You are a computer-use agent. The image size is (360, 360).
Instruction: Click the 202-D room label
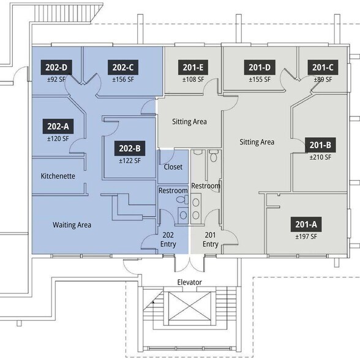click(x=56, y=67)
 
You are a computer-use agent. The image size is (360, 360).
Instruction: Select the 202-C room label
click(x=123, y=67)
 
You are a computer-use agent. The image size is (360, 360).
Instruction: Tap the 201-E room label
click(x=193, y=67)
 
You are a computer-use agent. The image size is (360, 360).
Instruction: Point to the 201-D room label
click(x=260, y=67)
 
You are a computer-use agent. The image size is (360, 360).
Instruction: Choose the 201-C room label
click(x=323, y=67)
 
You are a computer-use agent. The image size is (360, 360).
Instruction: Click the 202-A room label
click(x=58, y=126)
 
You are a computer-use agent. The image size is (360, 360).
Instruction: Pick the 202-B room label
click(x=130, y=148)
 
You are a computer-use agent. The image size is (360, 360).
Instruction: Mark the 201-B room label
click(x=320, y=145)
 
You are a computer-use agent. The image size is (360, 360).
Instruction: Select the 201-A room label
click(x=306, y=224)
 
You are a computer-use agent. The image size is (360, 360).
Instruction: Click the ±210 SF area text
click(x=321, y=157)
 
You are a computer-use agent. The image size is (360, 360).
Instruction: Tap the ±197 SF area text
click(x=306, y=236)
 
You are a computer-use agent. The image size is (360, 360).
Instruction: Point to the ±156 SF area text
click(x=123, y=80)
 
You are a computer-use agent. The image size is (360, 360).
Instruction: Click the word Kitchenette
click(x=58, y=176)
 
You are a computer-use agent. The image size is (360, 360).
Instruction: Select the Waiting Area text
click(x=72, y=225)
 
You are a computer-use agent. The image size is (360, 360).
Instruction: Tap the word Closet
click(x=173, y=167)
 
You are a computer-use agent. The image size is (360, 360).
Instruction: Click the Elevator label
click(x=189, y=282)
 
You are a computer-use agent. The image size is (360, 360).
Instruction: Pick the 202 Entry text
click(x=168, y=239)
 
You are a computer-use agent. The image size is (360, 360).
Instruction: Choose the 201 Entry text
click(x=211, y=239)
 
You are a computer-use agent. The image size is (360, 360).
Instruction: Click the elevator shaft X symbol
click(x=189, y=306)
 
